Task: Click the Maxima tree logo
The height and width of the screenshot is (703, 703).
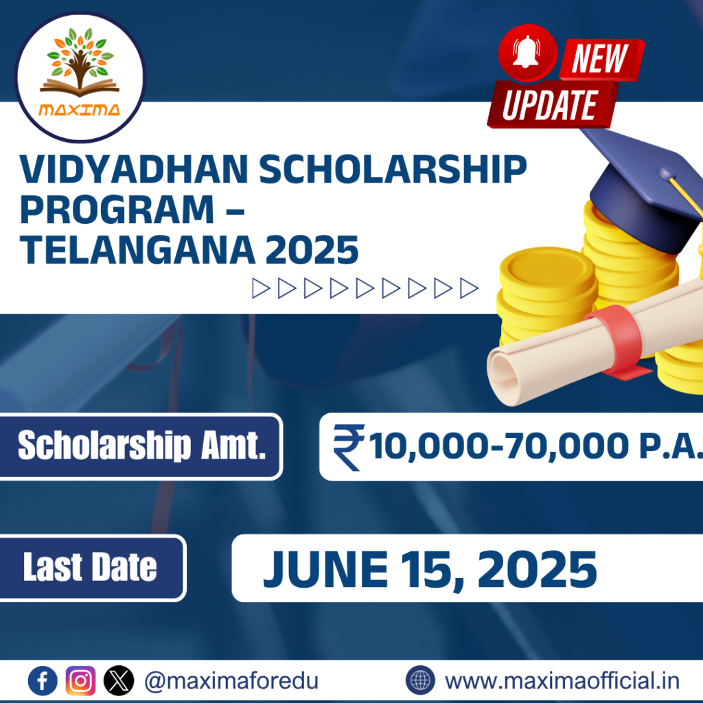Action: (x=80, y=77)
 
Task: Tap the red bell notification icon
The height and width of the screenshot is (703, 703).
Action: (x=527, y=53)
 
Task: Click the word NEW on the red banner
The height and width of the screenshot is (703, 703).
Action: (x=601, y=59)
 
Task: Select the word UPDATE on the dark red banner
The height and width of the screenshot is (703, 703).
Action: (x=550, y=105)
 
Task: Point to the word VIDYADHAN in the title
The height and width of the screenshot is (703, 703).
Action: (x=134, y=170)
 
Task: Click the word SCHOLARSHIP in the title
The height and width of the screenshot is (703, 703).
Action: (x=393, y=170)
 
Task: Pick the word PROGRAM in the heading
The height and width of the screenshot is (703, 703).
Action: (x=117, y=209)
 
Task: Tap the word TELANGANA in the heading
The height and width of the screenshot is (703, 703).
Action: (x=137, y=250)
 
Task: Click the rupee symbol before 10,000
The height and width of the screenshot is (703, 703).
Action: (x=348, y=448)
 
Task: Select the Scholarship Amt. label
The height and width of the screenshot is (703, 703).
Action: (x=141, y=446)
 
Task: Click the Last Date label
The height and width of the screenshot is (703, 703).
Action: (x=90, y=567)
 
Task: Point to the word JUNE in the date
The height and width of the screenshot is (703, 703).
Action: (x=325, y=569)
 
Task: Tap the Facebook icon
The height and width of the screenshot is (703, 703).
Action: (x=43, y=680)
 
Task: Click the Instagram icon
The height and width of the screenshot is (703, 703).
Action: (x=81, y=680)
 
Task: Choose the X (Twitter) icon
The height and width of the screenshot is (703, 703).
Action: (x=119, y=680)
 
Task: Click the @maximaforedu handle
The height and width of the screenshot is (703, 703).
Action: (x=231, y=681)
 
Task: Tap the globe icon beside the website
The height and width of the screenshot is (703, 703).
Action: (x=420, y=680)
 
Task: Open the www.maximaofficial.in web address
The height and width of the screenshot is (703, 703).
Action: (x=562, y=680)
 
